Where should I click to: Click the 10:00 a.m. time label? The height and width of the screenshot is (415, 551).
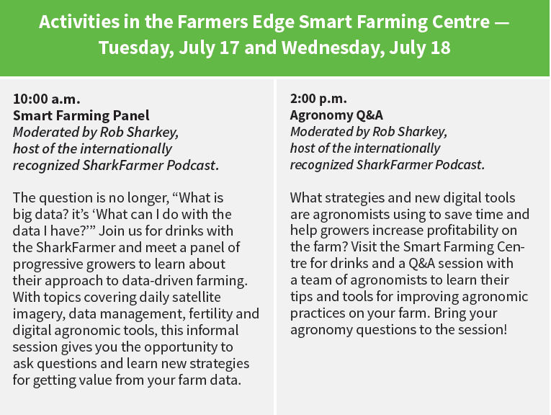[46, 99]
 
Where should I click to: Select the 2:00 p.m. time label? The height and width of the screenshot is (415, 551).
[318, 99]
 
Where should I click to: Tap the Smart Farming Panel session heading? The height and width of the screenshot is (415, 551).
[81, 115]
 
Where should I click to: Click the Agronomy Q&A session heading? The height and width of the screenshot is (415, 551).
[336, 115]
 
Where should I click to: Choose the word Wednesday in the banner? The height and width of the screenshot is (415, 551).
[315, 49]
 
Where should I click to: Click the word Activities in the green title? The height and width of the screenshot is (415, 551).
[74, 22]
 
